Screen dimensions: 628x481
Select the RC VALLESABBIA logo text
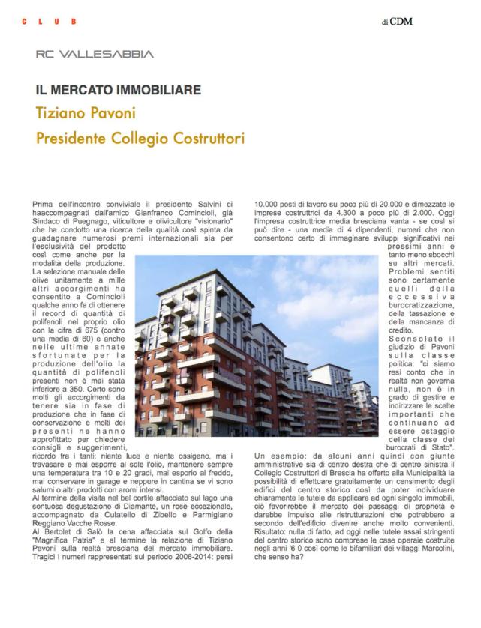(x=95, y=54)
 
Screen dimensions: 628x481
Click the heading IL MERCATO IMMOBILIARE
(x=119, y=91)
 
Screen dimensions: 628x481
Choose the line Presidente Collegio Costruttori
(x=140, y=139)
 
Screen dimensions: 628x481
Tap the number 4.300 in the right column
(x=326, y=212)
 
